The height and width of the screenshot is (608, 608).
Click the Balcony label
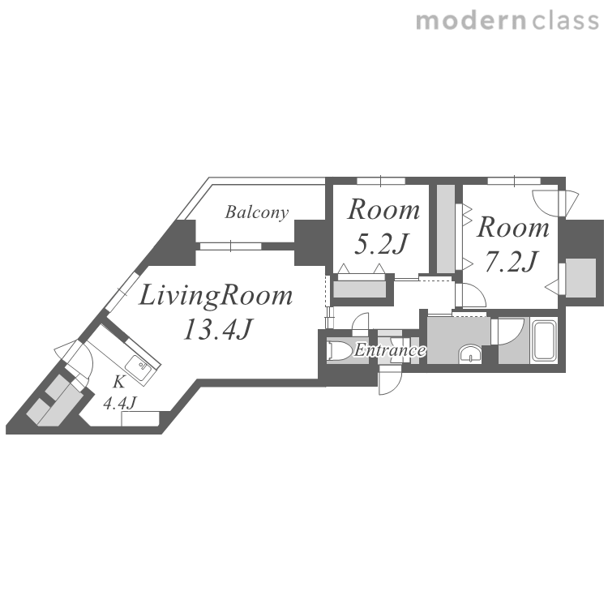coord(257,212)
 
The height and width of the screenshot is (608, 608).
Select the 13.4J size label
coord(217,330)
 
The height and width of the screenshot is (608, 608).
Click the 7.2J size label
coord(512,262)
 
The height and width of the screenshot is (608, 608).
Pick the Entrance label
coord(390,350)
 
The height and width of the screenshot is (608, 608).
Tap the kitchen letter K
coord(118,383)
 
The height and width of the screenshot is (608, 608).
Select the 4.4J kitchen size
coord(119,403)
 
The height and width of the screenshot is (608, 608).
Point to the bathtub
coord(544,340)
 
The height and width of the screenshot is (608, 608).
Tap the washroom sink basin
coord(470,353)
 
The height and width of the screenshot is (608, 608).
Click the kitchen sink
coord(139,368)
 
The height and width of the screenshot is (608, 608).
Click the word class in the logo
coord(566,21)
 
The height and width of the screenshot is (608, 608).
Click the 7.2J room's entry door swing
coord(470,295)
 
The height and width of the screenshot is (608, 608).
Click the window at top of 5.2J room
coord(381,181)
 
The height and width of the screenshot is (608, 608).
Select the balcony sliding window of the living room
coord(231,246)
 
